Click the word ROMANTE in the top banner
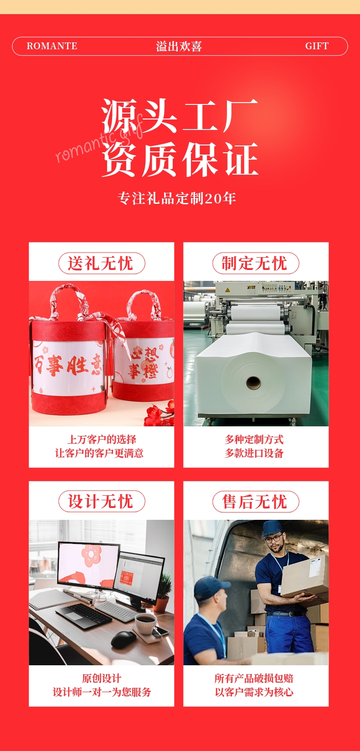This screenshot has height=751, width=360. (x=52, y=46)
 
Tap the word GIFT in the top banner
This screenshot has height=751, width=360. (x=317, y=46)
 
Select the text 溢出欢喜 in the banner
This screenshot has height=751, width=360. (x=179, y=46)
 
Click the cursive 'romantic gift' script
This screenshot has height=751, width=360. (x=99, y=139)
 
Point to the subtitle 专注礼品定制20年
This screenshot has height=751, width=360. (x=177, y=198)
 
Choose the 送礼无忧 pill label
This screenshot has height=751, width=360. (x=102, y=263)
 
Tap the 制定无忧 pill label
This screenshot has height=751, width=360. (x=256, y=263)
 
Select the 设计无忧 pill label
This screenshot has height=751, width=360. (x=102, y=502)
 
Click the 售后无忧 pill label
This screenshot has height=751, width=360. (x=256, y=502)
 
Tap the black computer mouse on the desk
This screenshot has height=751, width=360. (x=123, y=639)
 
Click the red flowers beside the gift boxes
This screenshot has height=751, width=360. (x=159, y=412)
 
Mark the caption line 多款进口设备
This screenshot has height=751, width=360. (x=254, y=453)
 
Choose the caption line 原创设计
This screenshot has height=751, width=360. (x=102, y=678)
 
